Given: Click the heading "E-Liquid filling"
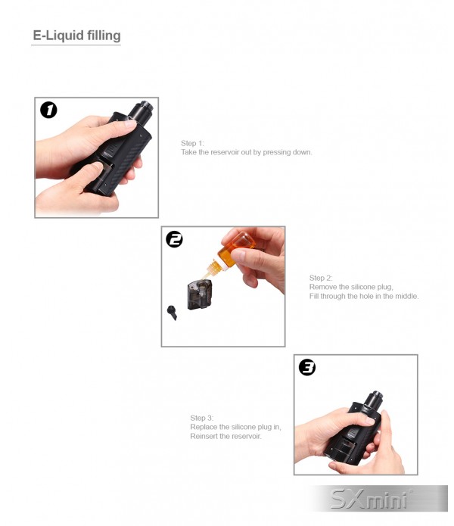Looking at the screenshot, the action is point(76,36).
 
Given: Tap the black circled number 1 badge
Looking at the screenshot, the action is point(48,110).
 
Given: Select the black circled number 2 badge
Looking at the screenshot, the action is point(174,239).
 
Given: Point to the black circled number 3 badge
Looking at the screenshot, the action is point(306,367).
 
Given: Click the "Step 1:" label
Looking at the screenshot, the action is point(192,143).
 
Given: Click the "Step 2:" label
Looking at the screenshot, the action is point(321,278).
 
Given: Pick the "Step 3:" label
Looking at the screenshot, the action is point(202,418).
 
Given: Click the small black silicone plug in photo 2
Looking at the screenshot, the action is point(172,313).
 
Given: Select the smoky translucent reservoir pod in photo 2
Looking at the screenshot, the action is point(200,294).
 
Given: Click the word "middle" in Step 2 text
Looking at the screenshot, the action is point(407,296).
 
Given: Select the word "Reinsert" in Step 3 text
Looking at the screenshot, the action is point(204,436).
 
